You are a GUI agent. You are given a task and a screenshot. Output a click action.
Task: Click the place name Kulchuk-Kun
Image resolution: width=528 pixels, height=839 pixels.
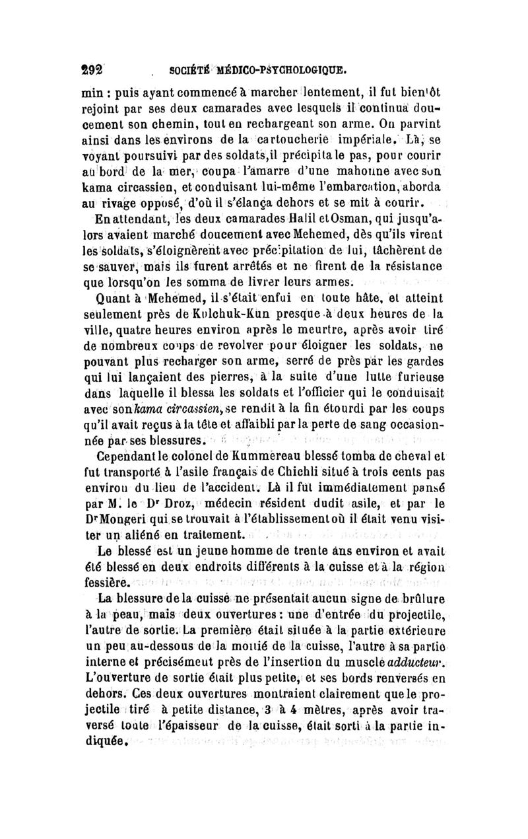point(245,310)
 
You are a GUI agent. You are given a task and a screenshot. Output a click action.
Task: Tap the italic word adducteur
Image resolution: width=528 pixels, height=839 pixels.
point(419,674)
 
